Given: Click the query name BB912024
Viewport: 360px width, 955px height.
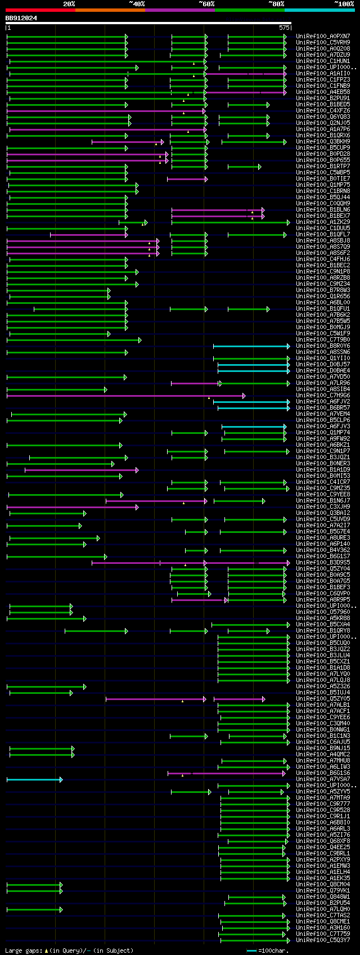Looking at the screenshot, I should (x=21, y=18).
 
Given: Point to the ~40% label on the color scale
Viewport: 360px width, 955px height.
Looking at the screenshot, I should (x=137, y=3).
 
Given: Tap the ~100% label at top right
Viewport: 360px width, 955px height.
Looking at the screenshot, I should (x=344, y=3).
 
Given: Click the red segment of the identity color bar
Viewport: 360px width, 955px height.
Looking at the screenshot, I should (x=40, y=10).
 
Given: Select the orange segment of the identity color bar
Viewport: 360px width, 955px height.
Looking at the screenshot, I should (x=110, y=10).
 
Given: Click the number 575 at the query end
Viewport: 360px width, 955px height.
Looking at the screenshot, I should (x=283, y=27).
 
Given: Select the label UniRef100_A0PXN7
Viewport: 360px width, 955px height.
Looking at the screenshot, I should (x=323, y=36).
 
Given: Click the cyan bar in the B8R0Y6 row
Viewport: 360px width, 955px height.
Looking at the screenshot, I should (x=251, y=346).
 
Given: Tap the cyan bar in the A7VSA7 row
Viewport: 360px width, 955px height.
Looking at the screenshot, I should (x=34, y=779).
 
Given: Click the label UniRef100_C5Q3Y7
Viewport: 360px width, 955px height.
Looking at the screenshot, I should (x=323, y=940).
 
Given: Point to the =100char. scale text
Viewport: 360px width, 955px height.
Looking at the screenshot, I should (x=273, y=950).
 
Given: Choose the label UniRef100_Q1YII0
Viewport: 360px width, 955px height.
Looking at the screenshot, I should (x=323, y=358).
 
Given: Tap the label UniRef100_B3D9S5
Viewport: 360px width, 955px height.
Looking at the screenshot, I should (x=323, y=563).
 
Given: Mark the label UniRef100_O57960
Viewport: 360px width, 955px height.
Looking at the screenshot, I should (x=323, y=612).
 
